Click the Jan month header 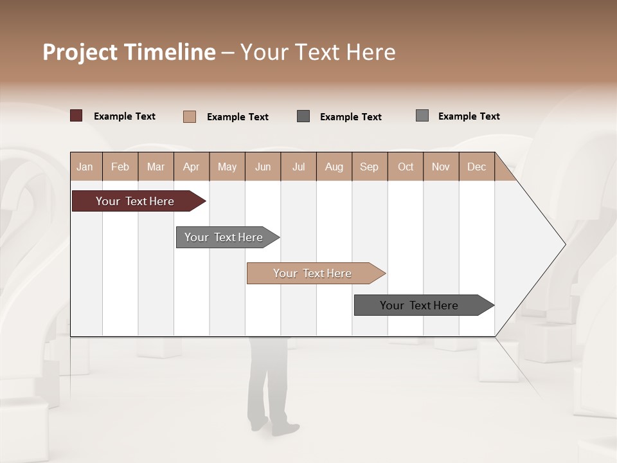coord(85,167)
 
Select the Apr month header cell coord(191,167)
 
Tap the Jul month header coord(298,167)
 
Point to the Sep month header coord(369,167)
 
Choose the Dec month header coord(476,167)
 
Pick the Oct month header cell coord(406,167)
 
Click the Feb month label coord(120,167)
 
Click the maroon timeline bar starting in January coord(135,201)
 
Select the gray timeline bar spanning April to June coord(224,237)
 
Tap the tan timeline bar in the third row coord(312,273)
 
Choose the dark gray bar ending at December coord(419,305)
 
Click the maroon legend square coord(76,116)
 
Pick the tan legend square coord(190,116)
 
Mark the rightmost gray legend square coord(422,116)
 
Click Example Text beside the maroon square coord(125,116)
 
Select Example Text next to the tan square coord(238,117)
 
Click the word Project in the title coord(80,52)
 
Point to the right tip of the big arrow coord(564,244)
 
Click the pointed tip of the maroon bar coord(204,201)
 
